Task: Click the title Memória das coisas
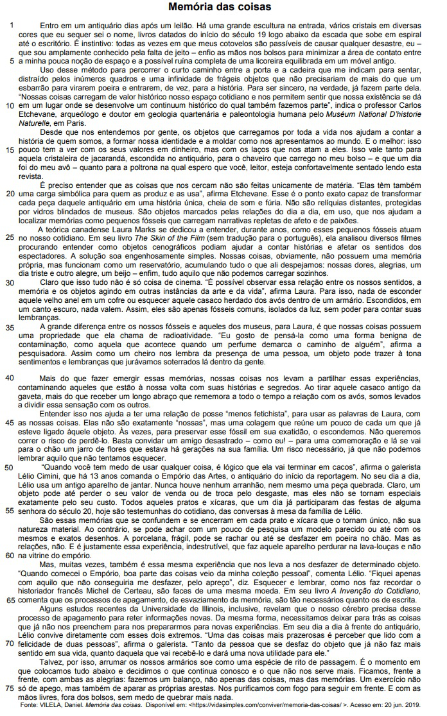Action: pos(220,7)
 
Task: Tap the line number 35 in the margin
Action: pos(9,328)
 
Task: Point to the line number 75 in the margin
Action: pos(9,688)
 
